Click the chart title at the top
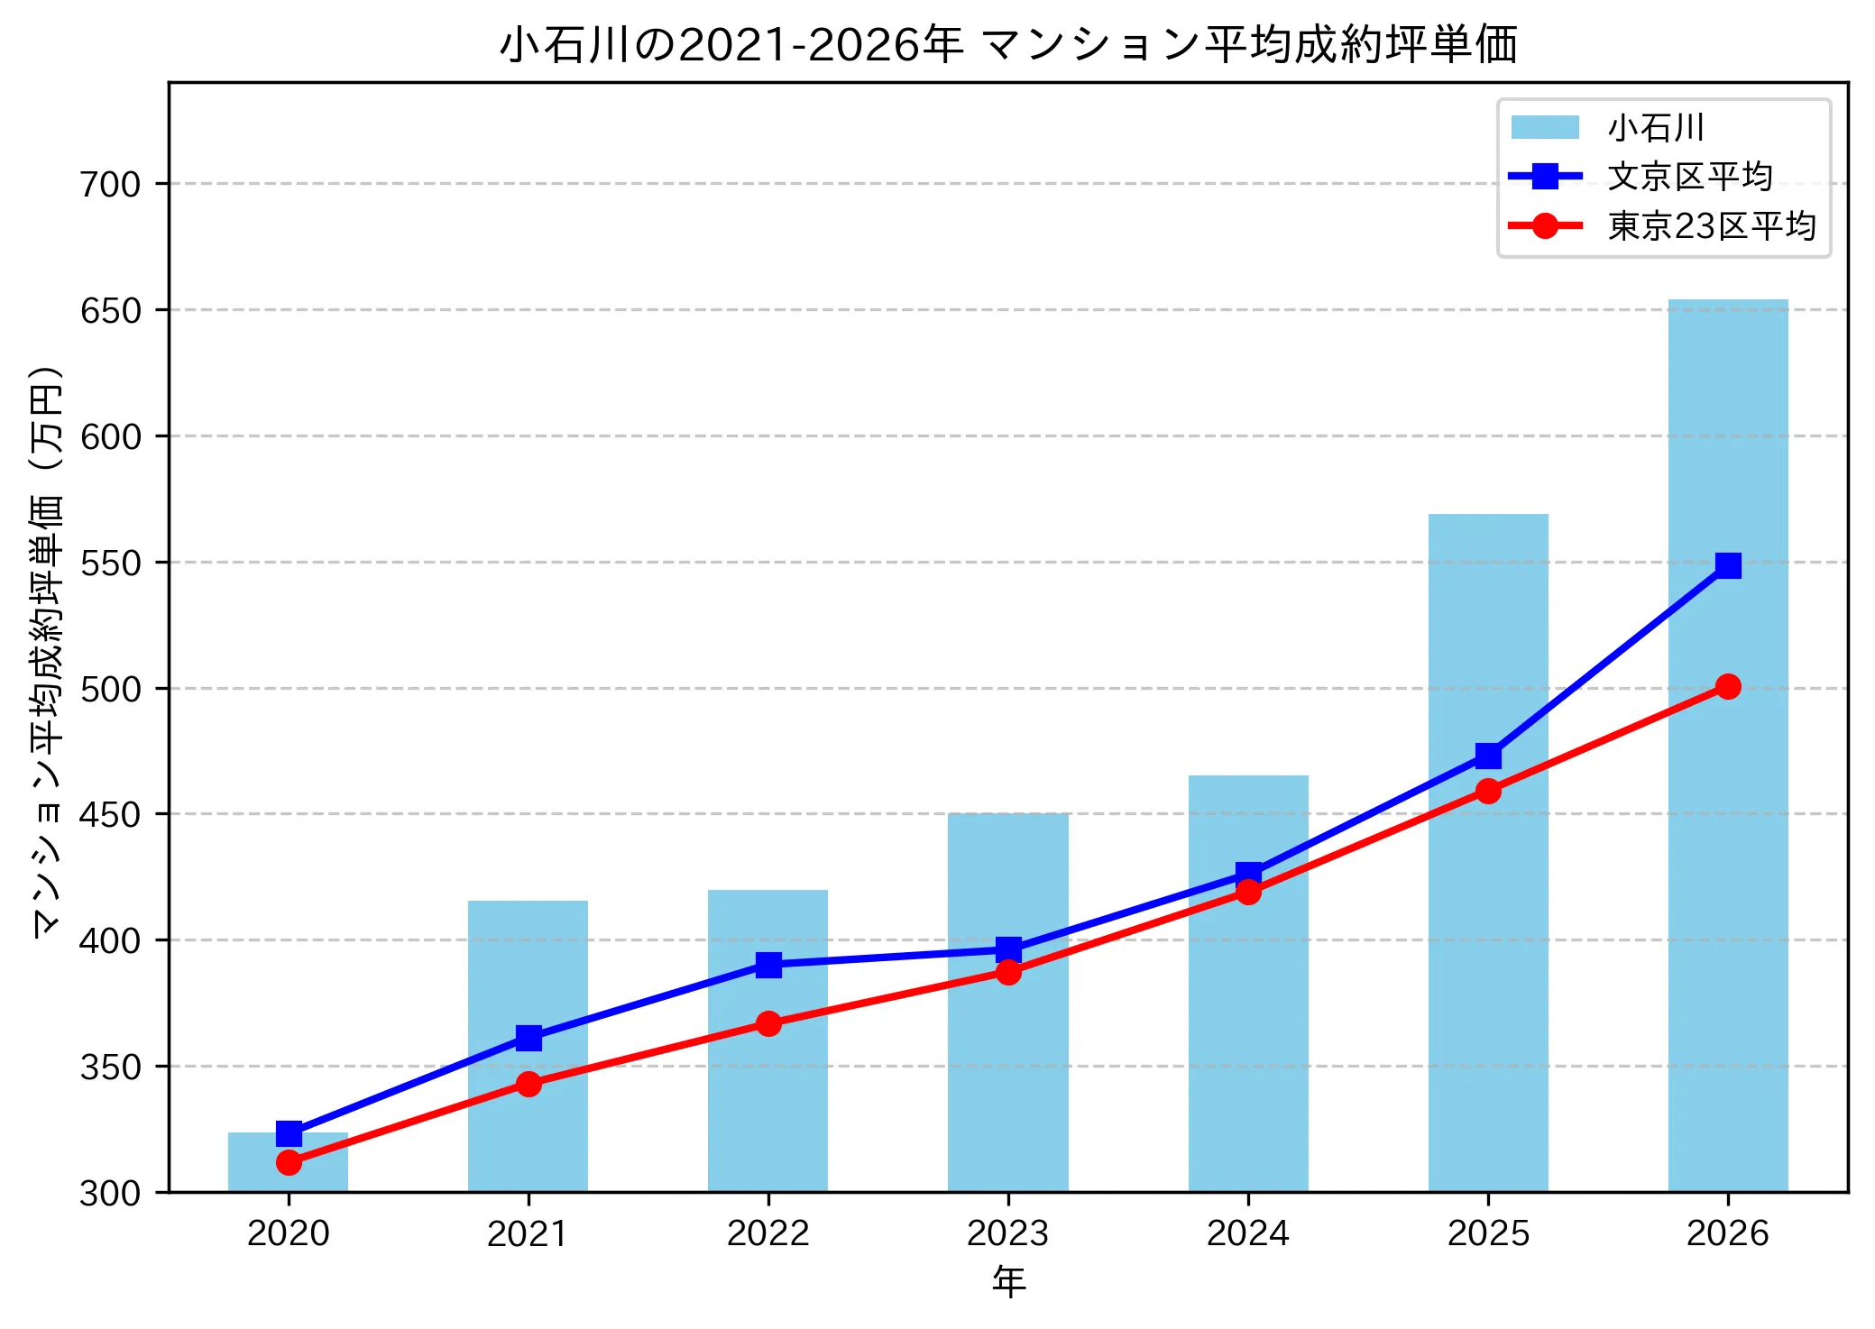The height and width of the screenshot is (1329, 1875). [x=1008, y=44]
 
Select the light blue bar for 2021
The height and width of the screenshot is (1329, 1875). [x=528, y=1046]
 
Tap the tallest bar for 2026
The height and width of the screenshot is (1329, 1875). [x=1728, y=746]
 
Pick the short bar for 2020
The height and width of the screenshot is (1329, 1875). [x=288, y=1162]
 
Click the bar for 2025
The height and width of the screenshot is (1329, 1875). [x=1488, y=853]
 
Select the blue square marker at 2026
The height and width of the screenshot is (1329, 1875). [x=1728, y=565]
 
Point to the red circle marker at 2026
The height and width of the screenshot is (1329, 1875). [x=1728, y=686]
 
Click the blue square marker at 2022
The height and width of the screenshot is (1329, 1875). [x=768, y=965]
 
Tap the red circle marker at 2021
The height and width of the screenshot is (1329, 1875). [x=528, y=1084]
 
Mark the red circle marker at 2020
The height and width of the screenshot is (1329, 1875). [x=289, y=1162]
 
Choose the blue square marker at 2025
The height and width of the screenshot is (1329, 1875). [x=1488, y=756]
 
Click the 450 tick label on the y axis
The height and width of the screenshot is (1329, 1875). [x=111, y=814]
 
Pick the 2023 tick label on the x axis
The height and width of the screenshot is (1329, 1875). [x=1007, y=1233]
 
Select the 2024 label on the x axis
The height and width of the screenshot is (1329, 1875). [x=1247, y=1233]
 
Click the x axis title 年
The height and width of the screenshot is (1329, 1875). [x=1008, y=1281]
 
